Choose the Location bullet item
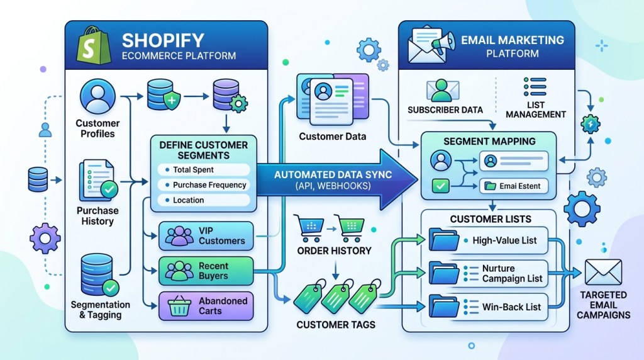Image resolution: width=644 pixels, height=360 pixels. click(188, 200)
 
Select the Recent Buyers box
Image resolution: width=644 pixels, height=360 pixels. click(206, 271)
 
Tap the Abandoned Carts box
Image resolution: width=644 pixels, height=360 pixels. click(206, 306)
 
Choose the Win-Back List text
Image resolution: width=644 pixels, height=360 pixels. click(511, 307)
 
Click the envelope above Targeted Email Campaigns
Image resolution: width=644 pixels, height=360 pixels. click(602, 271)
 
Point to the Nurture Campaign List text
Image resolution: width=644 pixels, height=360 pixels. click(511, 273)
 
